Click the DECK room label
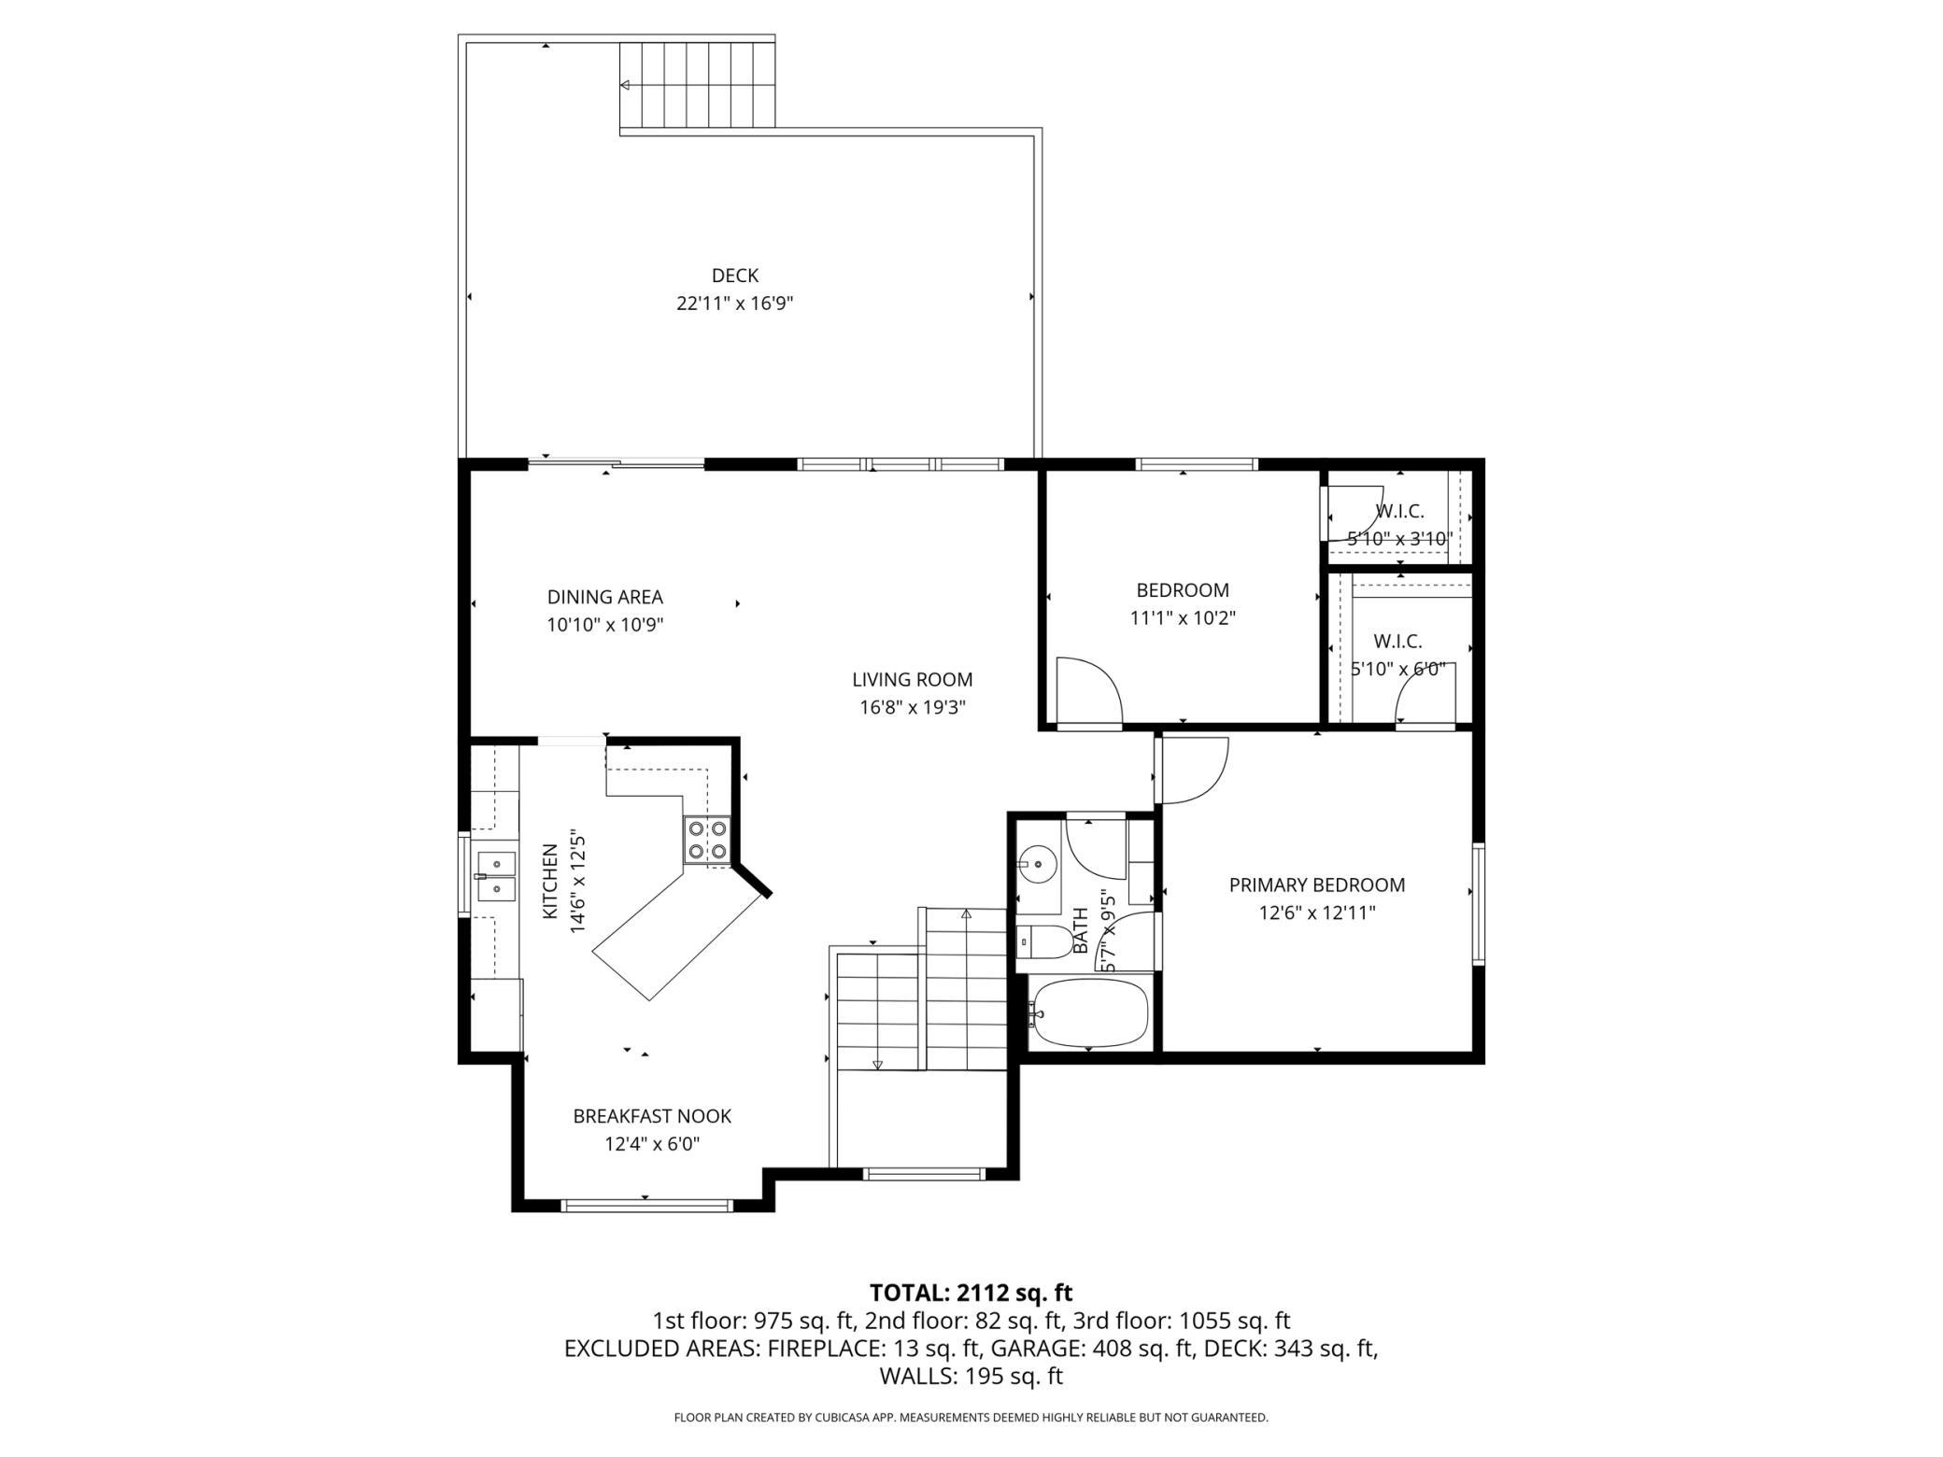pyautogui.click(x=735, y=276)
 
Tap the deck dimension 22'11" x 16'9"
pyautogui.click(x=735, y=304)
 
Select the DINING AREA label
pyautogui.click(x=605, y=597)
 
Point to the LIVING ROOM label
pyautogui.click(x=913, y=680)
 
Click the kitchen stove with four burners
pyautogui.click(x=707, y=840)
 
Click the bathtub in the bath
pyautogui.click(x=1089, y=1014)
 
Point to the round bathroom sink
pyautogui.click(x=1036, y=863)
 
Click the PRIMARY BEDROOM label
pyautogui.click(x=1317, y=885)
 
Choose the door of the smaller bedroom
pyautogui.click(x=1089, y=692)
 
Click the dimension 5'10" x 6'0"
pyautogui.click(x=1398, y=670)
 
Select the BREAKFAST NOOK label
pyautogui.click(x=652, y=1116)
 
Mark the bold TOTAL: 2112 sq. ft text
pyautogui.click(x=971, y=1293)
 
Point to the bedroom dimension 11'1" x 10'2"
pyautogui.click(x=1184, y=618)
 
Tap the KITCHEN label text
pyautogui.click(x=550, y=881)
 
